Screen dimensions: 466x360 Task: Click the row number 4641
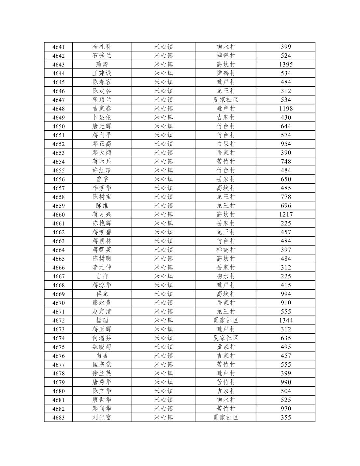pyautogui.click(x=58, y=47)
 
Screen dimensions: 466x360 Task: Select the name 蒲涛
pyautogui.click(x=102, y=65)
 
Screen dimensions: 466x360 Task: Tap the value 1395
pyautogui.click(x=285, y=65)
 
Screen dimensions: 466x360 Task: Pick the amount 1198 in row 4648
pyautogui.click(x=285, y=109)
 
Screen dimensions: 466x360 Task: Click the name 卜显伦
pyautogui.click(x=102, y=117)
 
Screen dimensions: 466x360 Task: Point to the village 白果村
pyautogui.click(x=225, y=144)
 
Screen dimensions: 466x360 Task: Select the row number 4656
pyautogui.click(x=58, y=179)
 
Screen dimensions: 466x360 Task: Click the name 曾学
pyautogui.click(x=102, y=179)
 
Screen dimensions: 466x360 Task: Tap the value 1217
pyautogui.click(x=285, y=214)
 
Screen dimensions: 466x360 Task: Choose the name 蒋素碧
pyautogui.click(x=102, y=232)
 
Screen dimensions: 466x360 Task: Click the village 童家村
pyautogui.click(x=225, y=347)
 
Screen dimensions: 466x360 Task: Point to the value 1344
pyautogui.click(x=285, y=320)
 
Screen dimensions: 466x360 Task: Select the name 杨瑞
pyautogui.click(x=102, y=320)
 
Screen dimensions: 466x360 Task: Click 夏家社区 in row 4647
pyautogui.click(x=225, y=100)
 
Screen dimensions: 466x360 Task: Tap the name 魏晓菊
pyautogui.click(x=102, y=347)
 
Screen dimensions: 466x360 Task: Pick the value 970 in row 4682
pyautogui.click(x=285, y=409)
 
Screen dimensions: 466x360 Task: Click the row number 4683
pyautogui.click(x=58, y=417)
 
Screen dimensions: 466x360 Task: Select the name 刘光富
pyautogui.click(x=102, y=417)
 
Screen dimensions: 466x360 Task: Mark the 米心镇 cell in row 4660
pyautogui.click(x=163, y=214)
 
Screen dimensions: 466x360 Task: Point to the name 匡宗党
pyautogui.click(x=102, y=364)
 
